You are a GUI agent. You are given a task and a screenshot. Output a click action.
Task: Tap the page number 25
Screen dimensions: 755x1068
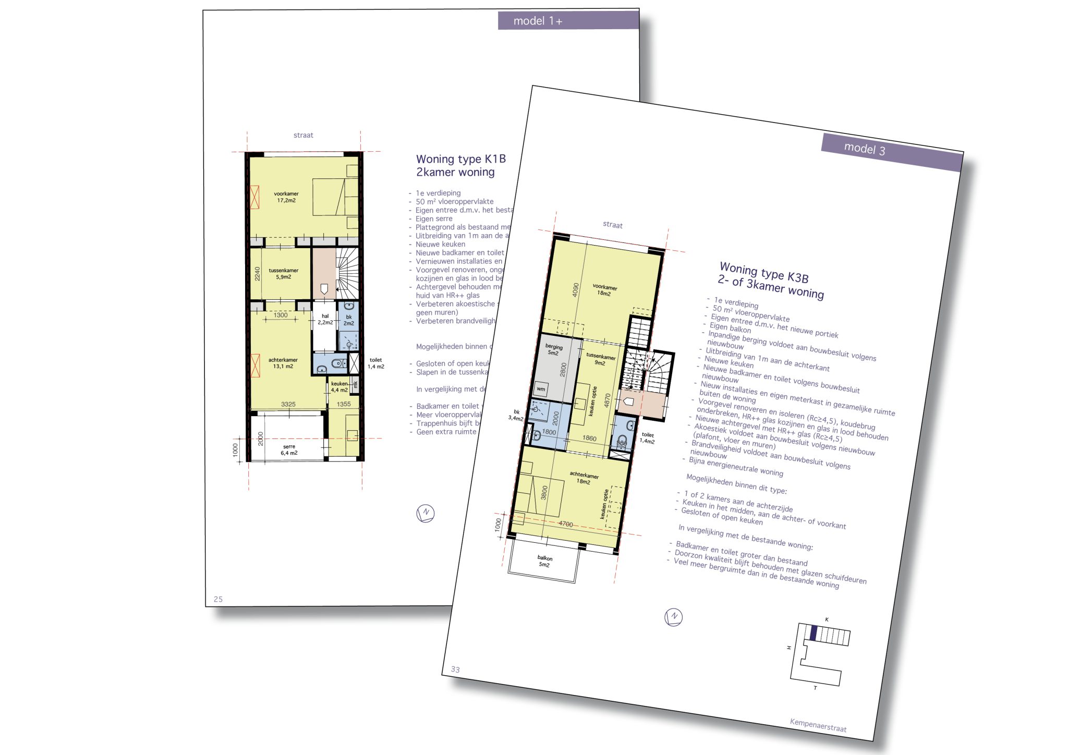tap(218, 599)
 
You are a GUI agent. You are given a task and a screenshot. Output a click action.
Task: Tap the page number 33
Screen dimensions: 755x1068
tap(455, 669)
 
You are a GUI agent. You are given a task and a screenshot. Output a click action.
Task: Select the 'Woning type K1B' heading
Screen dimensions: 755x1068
tap(460, 160)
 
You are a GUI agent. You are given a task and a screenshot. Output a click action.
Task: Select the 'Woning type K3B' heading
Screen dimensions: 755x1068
tap(764, 273)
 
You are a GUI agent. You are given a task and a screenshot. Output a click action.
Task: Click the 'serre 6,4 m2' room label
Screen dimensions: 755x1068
tap(289, 450)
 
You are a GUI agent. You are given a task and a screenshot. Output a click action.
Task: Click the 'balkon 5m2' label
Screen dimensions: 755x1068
tap(544, 561)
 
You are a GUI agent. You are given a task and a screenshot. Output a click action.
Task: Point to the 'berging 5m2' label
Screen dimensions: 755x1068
tap(553, 350)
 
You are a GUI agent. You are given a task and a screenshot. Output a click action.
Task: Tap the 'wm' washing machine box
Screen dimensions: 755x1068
tap(541, 389)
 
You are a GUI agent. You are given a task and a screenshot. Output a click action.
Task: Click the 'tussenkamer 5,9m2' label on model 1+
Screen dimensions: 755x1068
tap(283, 274)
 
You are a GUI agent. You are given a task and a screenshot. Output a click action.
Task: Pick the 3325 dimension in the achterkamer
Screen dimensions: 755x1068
tap(288, 404)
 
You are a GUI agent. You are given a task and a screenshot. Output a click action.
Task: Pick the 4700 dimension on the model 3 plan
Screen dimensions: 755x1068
tap(566, 524)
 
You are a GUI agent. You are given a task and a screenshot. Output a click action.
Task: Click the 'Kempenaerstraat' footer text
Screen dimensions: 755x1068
tap(818, 725)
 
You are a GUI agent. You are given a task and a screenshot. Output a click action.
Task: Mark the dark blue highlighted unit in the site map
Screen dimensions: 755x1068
tap(814, 633)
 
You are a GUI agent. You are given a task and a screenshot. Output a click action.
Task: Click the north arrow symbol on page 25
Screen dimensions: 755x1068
tap(426, 513)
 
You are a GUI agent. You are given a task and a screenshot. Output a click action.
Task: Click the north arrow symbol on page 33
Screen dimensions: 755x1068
tap(673, 617)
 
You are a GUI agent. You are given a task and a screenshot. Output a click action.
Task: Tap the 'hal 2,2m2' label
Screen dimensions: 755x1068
tap(325, 319)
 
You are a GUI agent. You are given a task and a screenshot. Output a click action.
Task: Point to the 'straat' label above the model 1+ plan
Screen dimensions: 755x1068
tap(303, 136)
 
